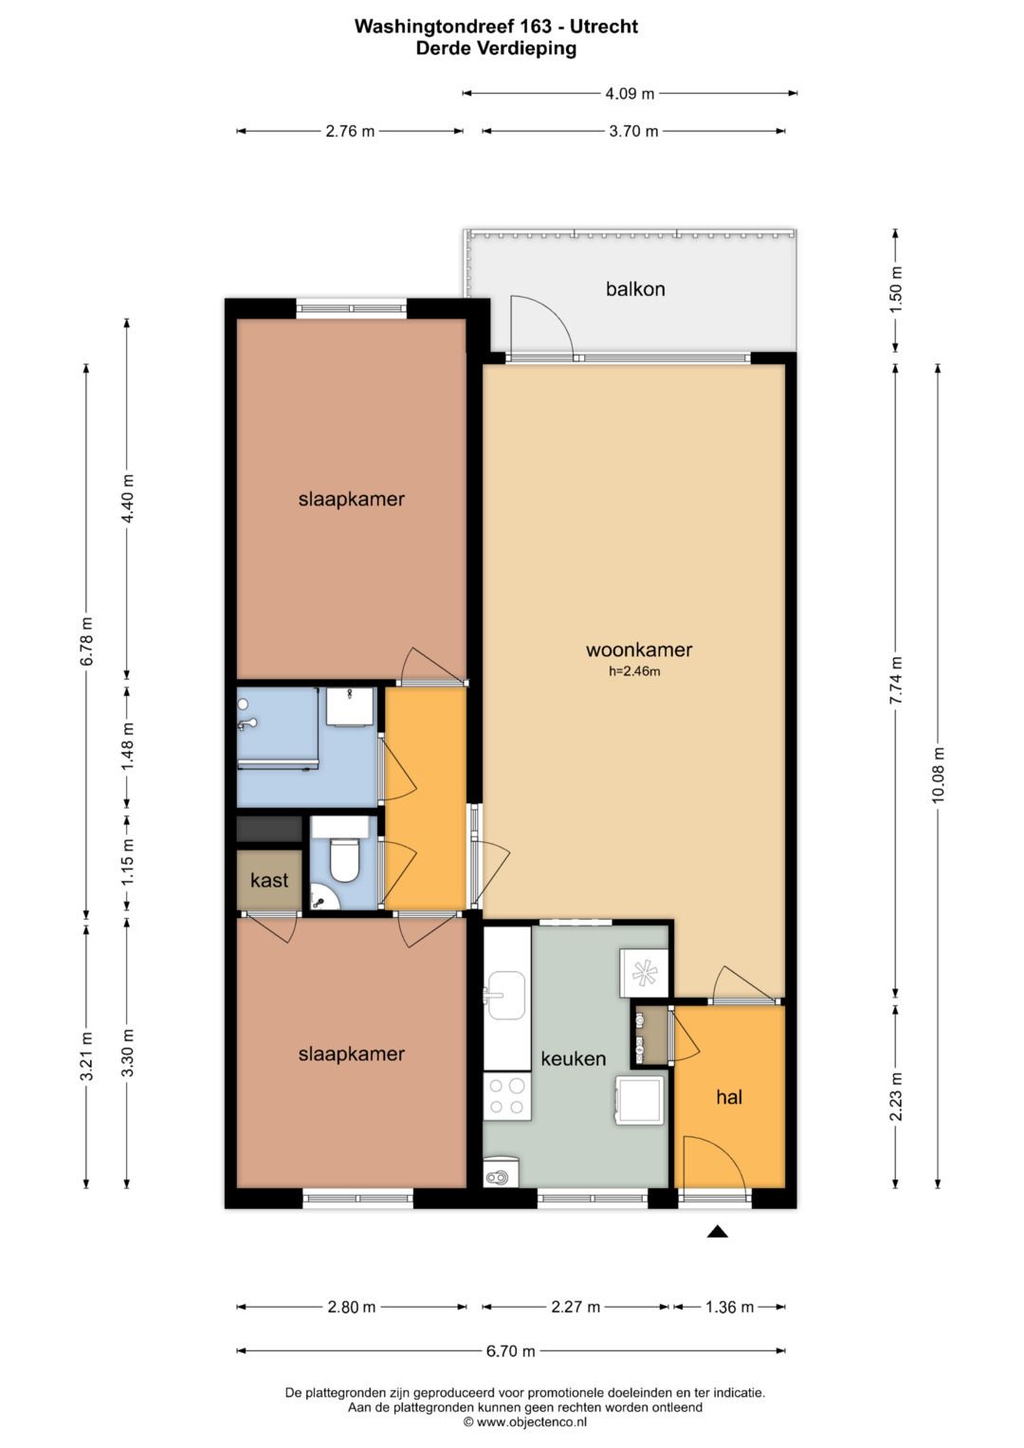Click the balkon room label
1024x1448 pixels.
click(x=635, y=289)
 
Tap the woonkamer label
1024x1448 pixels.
click(x=639, y=650)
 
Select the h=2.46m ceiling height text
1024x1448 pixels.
click(x=634, y=671)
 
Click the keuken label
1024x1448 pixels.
click(x=574, y=1058)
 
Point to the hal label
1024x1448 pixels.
click(x=729, y=1096)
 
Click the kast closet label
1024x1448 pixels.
click(x=269, y=880)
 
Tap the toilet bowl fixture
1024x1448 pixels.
click(x=343, y=860)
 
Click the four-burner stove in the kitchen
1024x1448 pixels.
click(x=507, y=1096)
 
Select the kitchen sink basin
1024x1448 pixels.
click(x=505, y=996)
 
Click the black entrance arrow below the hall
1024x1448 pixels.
click(x=717, y=1232)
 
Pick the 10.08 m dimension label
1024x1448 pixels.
click(x=938, y=775)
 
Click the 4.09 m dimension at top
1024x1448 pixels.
click(x=630, y=94)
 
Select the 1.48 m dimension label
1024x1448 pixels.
click(x=127, y=746)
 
